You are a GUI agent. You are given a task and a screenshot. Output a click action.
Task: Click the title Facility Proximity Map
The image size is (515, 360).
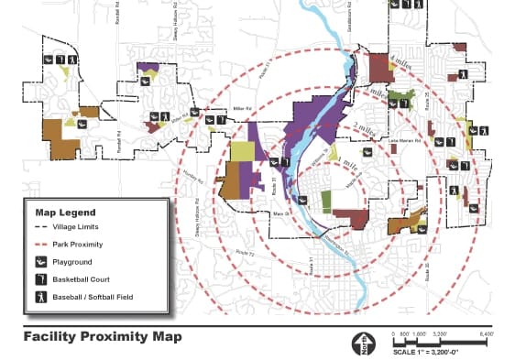pyautogui.click(x=103, y=336)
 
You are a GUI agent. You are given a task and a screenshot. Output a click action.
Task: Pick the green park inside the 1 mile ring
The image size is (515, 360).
pyautogui.click(x=327, y=200)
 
